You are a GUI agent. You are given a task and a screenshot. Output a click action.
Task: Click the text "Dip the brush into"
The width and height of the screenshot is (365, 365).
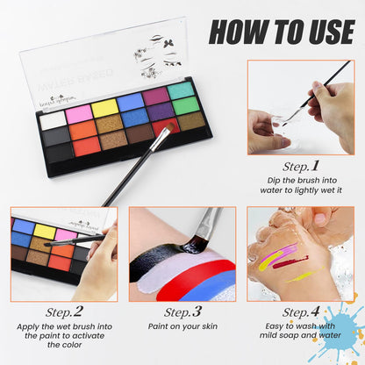click(304, 182)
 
